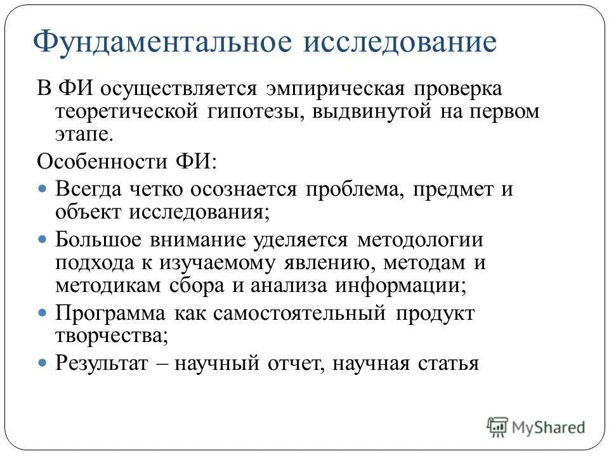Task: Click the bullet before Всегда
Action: (43, 189)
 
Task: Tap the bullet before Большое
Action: (43, 241)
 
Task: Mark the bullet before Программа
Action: (43, 313)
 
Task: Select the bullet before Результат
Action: (43, 363)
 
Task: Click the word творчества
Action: (112, 336)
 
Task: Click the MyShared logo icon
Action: (497, 427)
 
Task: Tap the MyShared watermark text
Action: (549, 427)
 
